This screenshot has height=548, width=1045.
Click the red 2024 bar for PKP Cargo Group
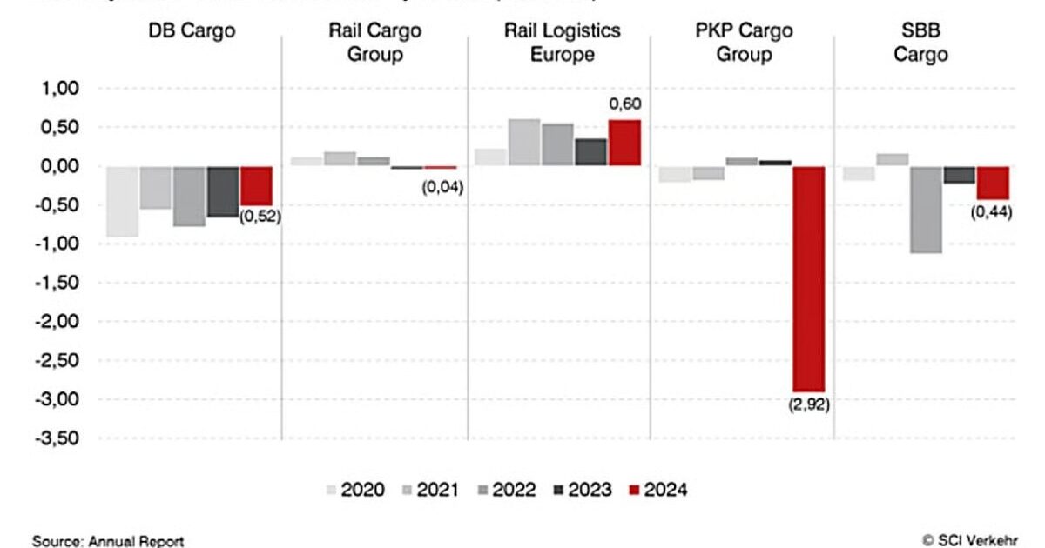point(807,278)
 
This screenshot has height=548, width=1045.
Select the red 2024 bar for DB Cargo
point(256,185)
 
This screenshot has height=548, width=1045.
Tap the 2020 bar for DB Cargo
point(123,201)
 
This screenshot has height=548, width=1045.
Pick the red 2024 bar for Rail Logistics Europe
point(624,143)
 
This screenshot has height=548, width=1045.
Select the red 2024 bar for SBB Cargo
point(992,183)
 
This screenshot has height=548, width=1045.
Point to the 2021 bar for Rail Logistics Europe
point(524,142)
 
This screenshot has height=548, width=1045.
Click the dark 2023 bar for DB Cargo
point(223,191)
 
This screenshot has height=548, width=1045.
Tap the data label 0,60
point(624,105)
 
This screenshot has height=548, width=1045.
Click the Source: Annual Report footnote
point(108,541)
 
